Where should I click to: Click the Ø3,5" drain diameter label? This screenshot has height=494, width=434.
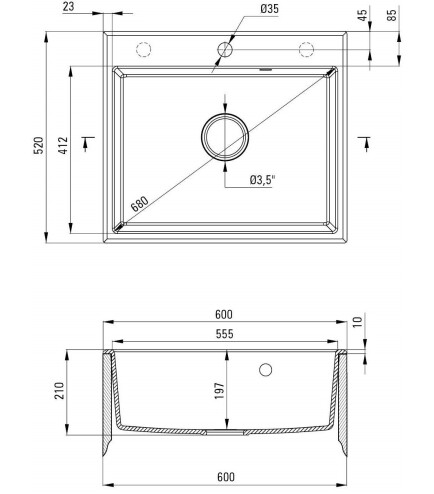tap(262, 181)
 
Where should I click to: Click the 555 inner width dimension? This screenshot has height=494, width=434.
tap(224, 335)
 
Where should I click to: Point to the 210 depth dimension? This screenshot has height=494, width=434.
tap(59, 389)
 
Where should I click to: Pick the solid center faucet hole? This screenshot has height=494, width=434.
tap(225, 49)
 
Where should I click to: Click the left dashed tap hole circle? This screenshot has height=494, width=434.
tap(143, 50)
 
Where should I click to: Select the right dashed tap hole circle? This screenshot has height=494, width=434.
tap(306, 50)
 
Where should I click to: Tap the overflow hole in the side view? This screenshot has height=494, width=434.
tap(265, 371)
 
